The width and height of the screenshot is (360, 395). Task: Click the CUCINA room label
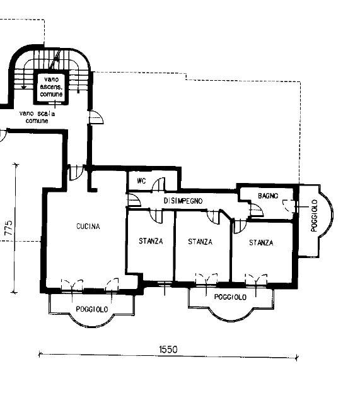coord(88,227)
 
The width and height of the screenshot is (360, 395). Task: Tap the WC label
coord(141,181)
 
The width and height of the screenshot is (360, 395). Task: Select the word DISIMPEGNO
coord(183,201)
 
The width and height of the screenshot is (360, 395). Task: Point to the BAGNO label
coord(268,196)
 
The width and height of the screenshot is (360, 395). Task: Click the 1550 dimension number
coord(168,350)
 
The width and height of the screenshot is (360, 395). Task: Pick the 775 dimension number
coord(9,228)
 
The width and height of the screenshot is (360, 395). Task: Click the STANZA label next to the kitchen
coord(151,241)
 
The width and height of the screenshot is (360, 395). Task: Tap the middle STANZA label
coord(200,242)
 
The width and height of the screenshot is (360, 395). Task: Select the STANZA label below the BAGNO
coord(261,242)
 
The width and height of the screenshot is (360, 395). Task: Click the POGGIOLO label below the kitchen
coord(92,309)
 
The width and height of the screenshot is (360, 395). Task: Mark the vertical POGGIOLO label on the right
coord(314,216)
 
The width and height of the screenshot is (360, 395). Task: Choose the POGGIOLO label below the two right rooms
coord(230,297)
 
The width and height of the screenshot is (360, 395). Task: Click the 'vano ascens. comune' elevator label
coord(51,87)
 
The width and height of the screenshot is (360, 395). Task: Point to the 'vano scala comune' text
coord(37,117)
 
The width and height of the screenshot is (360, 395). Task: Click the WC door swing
coord(159,184)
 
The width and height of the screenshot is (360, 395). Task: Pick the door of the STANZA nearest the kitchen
coord(156,216)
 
